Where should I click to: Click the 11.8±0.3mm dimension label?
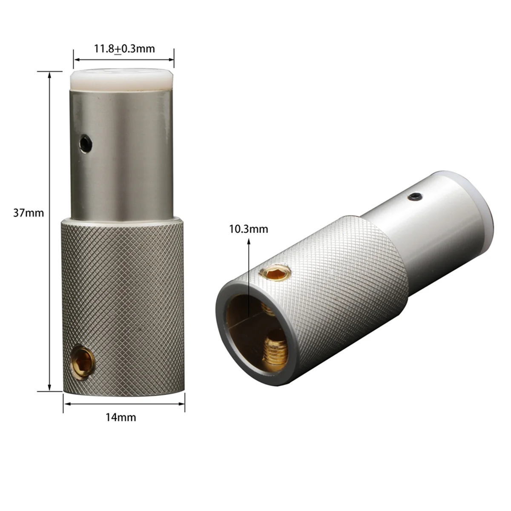[124, 49]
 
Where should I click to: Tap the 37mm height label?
[28, 212]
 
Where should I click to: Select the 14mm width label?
[121, 417]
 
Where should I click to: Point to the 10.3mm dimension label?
[249, 229]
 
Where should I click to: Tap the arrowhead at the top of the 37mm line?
[50, 75]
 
